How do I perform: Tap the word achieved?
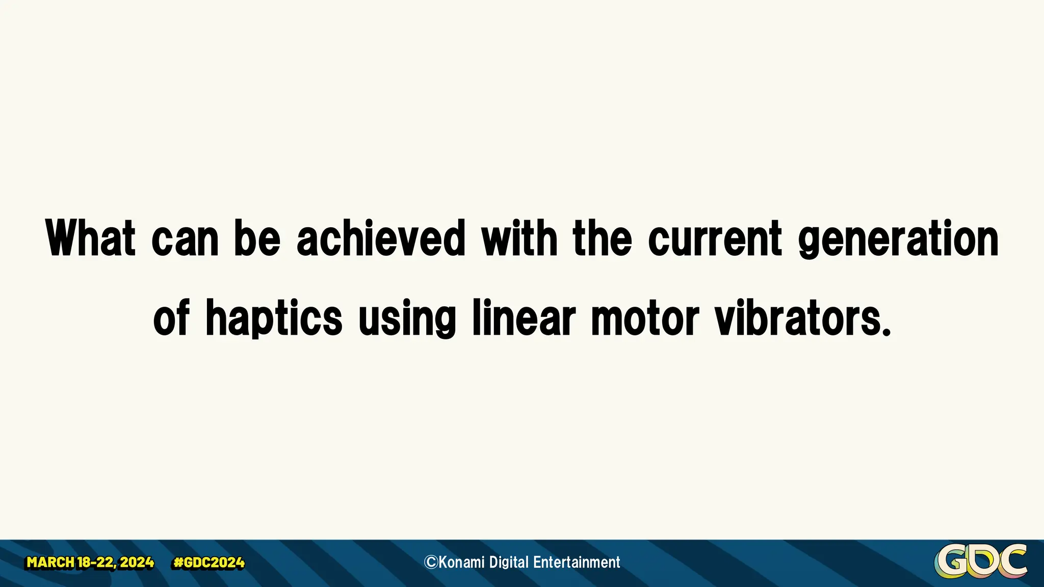click(x=381, y=238)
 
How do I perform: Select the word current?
click(x=715, y=238)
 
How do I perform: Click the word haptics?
click(x=274, y=319)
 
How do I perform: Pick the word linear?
click(x=524, y=318)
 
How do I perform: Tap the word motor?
click(x=645, y=319)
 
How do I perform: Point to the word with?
click(x=519, y=238)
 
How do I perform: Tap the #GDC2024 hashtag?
click(x=209, y=563)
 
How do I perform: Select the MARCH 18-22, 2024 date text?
click(x=90, y=563)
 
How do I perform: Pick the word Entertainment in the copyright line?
click(x=577, y=562)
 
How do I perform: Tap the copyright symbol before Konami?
click(x=431, y=562)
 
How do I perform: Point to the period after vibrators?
click(x=886, y=332)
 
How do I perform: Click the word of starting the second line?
click(x=172, y=319)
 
